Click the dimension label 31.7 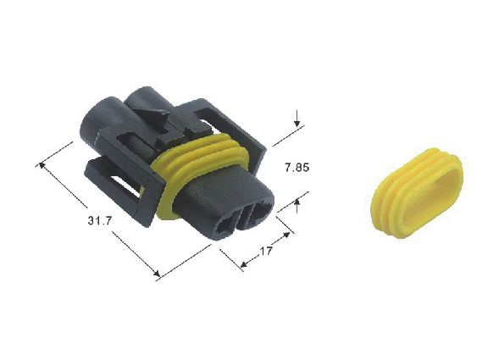pyautogui.click(x=100, y=221)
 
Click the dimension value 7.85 pyautogui.click(x=297, y=168)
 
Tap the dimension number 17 pyautogui.click(x=266, y=251)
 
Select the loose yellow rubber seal pyautogui.click(x=417, y=192)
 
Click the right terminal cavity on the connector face pyautogui.click(x=261, y=212)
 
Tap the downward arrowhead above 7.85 pyautogui.click(x=297, y=123)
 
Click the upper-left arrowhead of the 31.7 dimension pyautogui.click(x=41, y=165)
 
